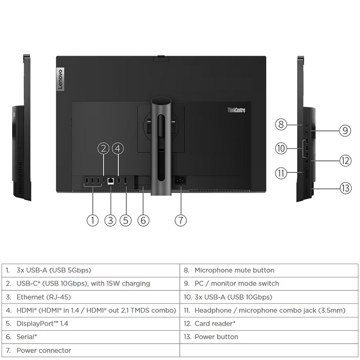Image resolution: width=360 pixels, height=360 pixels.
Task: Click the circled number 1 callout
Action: [x=92, y=220]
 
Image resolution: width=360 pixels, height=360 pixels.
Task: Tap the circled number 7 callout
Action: [x=180, y=220]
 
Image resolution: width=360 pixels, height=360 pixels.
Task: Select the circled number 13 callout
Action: [x=346, y=188]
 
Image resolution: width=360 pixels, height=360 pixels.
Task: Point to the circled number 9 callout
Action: [x=345, y=130]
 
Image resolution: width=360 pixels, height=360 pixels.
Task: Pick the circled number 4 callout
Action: [x=118, y=148]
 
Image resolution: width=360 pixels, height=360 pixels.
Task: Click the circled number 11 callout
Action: [x=280, y=173]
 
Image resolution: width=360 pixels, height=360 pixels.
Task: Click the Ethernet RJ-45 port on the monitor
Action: [x=111, y=180]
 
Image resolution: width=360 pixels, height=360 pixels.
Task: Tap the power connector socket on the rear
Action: [x=180, y=180]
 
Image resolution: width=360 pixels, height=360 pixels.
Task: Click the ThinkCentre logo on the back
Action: [x=236, y=111]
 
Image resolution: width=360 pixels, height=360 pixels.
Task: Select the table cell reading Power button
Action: [x=216, y=337]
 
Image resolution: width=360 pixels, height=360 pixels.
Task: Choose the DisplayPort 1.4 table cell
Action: [x=42, y=324]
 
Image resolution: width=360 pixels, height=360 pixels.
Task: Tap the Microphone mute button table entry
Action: [x=234, y=270]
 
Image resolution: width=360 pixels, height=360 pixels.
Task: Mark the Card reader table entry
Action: [x=215, y=324]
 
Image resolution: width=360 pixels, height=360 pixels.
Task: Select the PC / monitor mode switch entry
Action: [x=237, y=283]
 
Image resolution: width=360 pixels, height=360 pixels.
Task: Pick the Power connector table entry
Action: [x=44, y=350]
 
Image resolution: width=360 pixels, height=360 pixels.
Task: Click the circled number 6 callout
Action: [x=144, y=220]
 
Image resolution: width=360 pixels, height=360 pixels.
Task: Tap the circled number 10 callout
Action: [x=280, y=148]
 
